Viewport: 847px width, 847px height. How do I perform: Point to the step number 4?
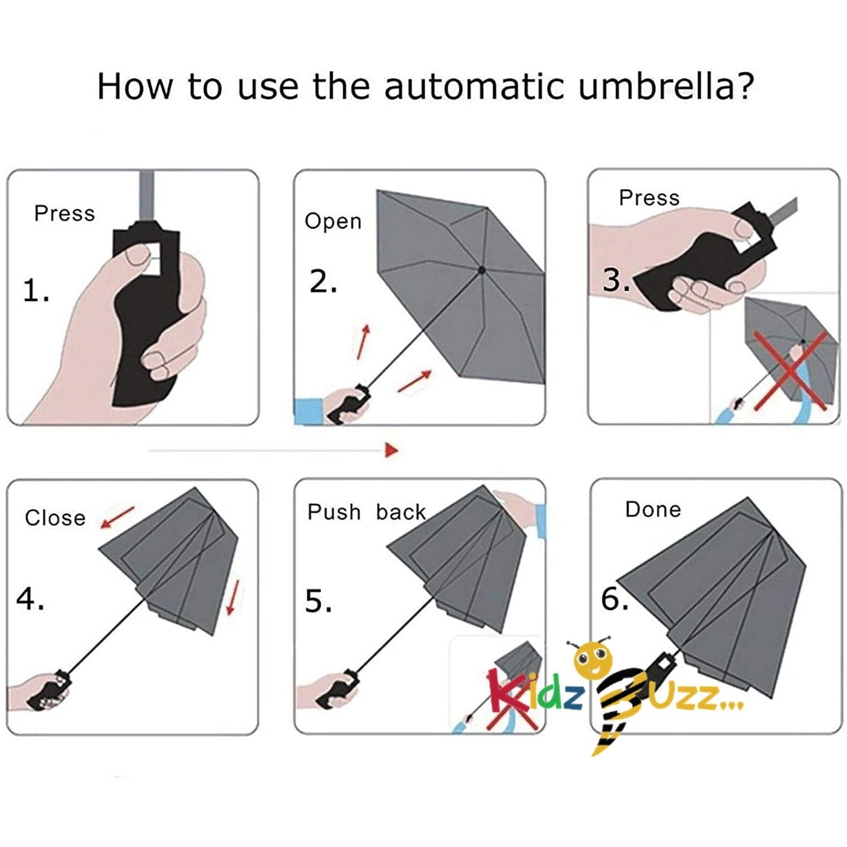pyautogui.click(x=30, y=599)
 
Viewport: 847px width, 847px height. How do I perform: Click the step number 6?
pyautogui.click(x=615, y=599)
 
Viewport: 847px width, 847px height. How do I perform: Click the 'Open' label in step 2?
pyautogui.click(x=333, y=221)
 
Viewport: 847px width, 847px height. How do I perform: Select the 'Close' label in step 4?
pyautogui.click(x=55, y=518)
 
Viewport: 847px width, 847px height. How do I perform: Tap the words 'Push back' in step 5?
pyautogui.click(x=366, y=512)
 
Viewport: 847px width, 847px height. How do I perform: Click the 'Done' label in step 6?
pyautogui.click(x=653, y=509)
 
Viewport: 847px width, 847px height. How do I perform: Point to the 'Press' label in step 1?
pyautogui.click(x=64, y=213)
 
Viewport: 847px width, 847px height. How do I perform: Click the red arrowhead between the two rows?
pyautogui.click(x=392, y=449)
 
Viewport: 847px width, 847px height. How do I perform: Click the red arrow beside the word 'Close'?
pyautogui.click(x=117, y=517)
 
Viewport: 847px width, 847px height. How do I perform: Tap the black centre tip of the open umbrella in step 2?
pyautogui.click(x=482, y=270)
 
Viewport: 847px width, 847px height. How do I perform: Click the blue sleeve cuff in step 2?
pyautogui.click(x=308, y=411)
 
